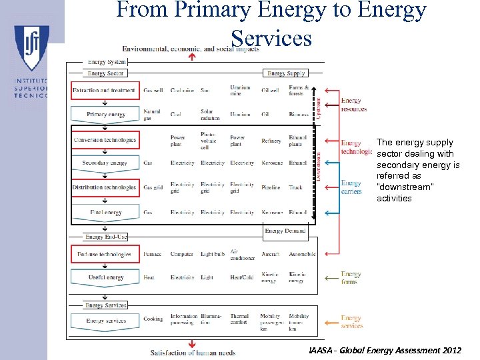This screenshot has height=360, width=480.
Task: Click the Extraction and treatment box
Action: point(105,91)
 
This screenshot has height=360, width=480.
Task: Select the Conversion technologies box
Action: point(105,140)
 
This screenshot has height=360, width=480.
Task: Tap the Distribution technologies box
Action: point(105,188)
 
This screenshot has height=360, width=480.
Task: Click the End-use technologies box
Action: point(105,255)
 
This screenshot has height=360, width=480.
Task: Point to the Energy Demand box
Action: point(285,231)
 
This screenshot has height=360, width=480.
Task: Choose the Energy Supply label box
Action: point(285,73)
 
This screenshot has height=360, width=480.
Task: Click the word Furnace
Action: point(153,255)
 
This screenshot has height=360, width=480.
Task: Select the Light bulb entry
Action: point(212,255)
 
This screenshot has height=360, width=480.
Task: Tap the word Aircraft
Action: point(271,255)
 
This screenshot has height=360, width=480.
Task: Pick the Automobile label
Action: point(302,255)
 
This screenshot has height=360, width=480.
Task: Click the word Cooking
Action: point(153,319)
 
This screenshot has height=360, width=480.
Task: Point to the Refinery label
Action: point(271,141)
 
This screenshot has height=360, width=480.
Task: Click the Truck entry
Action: point(295,188)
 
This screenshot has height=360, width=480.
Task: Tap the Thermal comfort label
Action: point(240,319)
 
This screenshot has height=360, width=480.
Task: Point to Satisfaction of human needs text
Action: point(193,353)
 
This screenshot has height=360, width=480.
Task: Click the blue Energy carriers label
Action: point(351,187)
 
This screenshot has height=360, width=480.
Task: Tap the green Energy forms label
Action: point(351,277)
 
